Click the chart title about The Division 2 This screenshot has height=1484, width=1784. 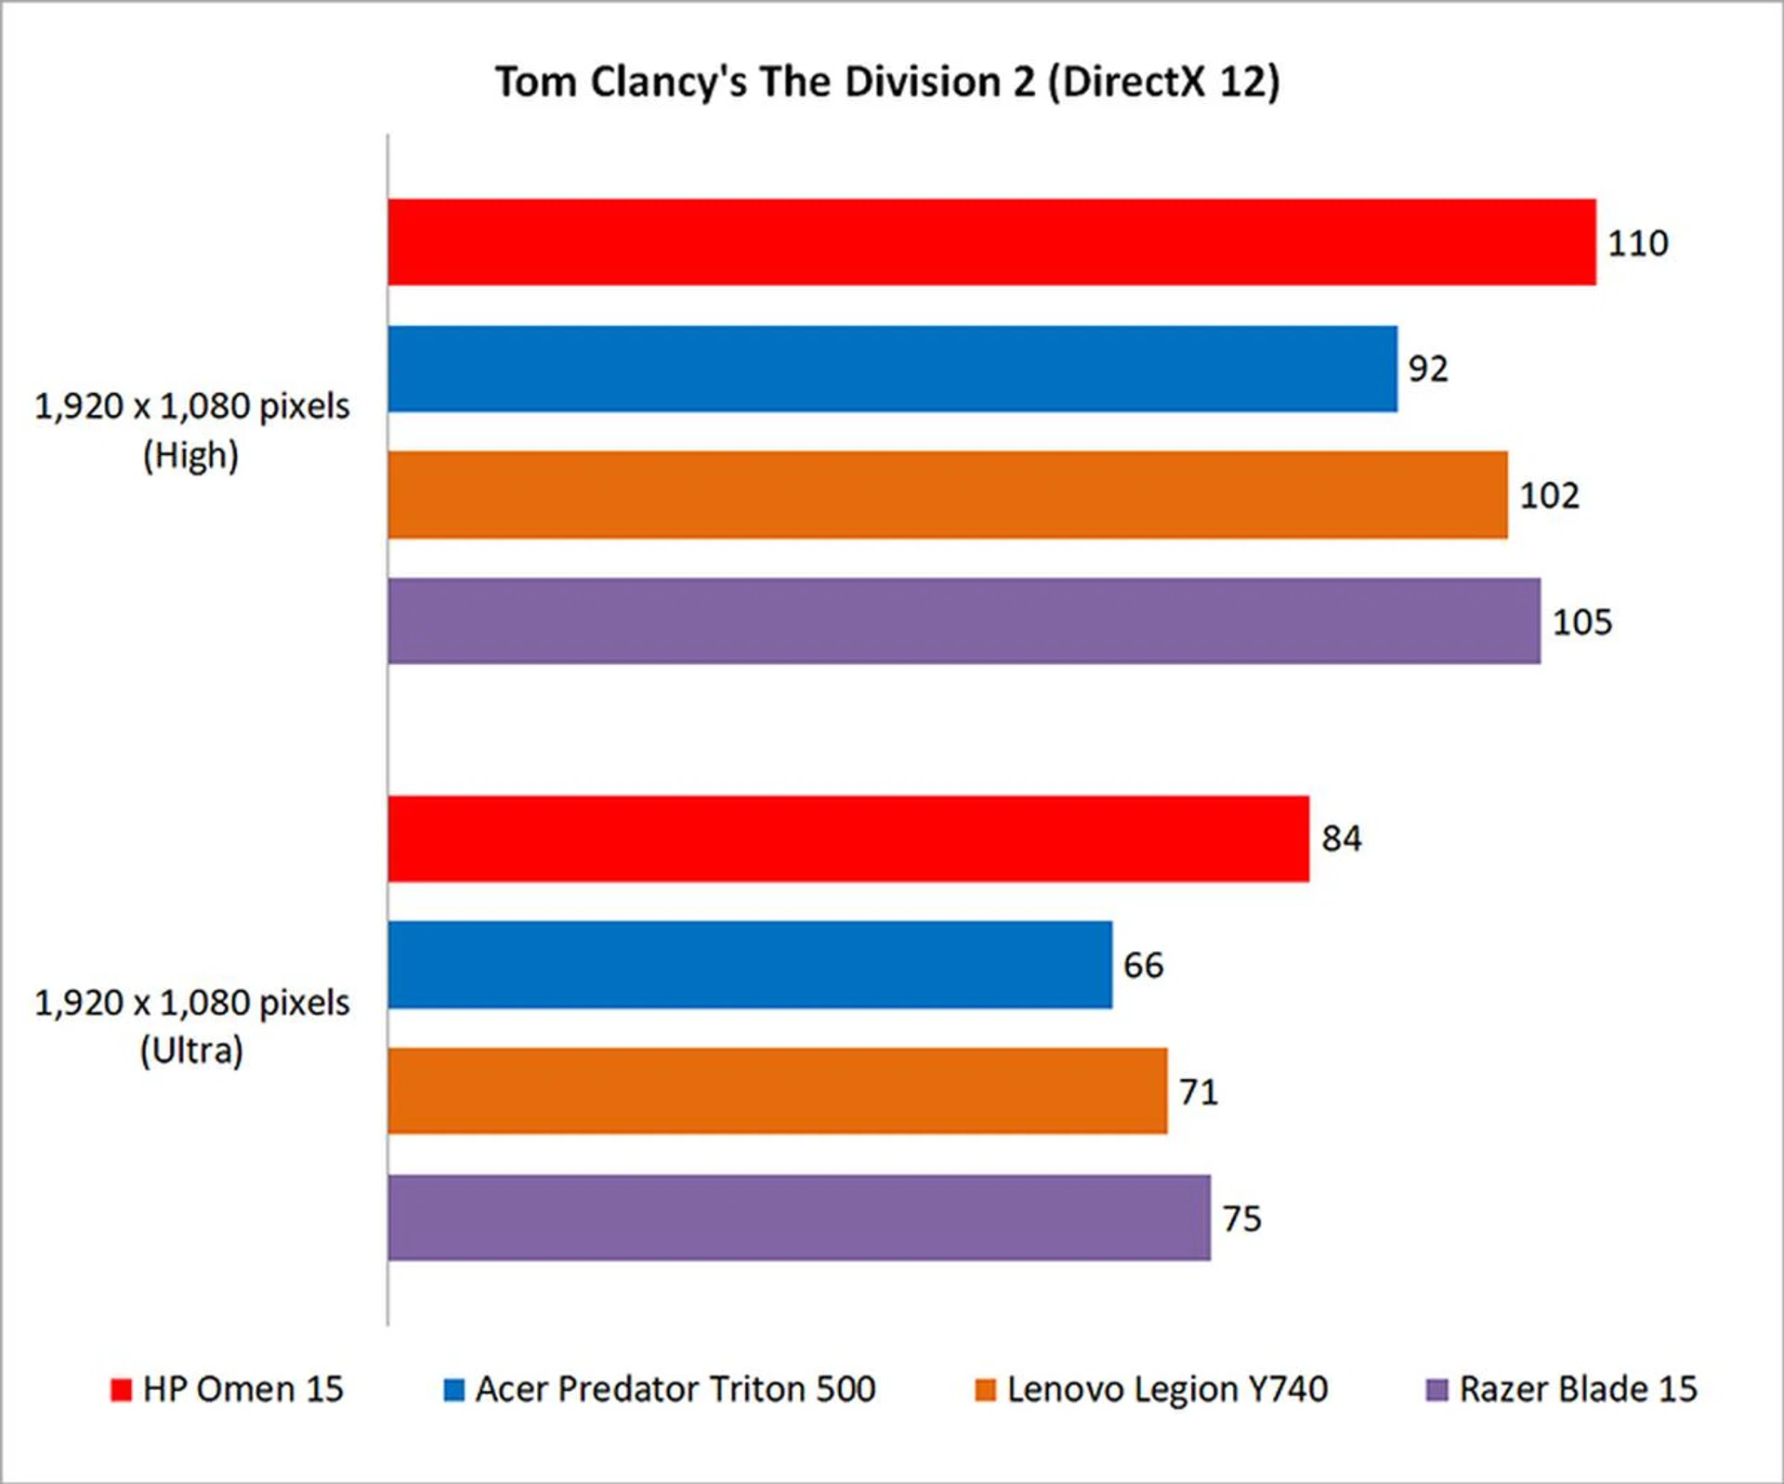(x=887, y=82)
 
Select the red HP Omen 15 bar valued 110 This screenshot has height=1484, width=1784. (x=991, y=241)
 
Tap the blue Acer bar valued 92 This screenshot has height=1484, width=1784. (x=892, y=369)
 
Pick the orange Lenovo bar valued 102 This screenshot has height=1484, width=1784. (x=948, y=495)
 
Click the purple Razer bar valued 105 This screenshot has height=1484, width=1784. (x=964, y=621)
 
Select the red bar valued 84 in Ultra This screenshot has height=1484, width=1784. (x=848, y=839)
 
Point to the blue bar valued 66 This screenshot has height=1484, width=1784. (x=750, y=965)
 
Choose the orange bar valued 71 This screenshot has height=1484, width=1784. (x=778, y=1091)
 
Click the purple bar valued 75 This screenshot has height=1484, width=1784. (x=799, y=1217)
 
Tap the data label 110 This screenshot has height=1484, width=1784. (x=1638, y=243)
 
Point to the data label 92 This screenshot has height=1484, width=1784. (x=1428, y=370)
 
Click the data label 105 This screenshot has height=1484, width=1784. (x=1582, y=622)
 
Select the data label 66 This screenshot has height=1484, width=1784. (x=1143, y=966)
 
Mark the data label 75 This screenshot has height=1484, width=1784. (x=1241, y=1218)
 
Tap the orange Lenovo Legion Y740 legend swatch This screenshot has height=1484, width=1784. (x=985, y=1390)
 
